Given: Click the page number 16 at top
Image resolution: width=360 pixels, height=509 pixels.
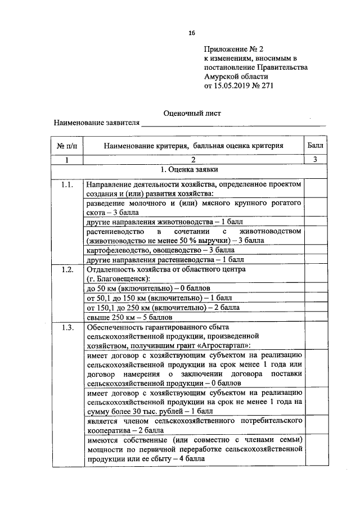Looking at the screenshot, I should [191, 33].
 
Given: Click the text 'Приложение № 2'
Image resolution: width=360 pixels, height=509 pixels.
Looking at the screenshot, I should [229, 49].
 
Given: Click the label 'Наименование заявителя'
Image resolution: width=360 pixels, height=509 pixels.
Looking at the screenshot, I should [96, 123].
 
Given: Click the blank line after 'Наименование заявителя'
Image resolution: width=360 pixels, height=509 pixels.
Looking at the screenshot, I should [233, 124].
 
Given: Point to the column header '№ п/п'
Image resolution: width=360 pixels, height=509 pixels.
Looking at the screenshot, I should [67, 146].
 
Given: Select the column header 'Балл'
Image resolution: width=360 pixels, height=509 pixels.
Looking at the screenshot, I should [315, 146].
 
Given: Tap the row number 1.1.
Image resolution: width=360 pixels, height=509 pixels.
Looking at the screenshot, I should [67, 184].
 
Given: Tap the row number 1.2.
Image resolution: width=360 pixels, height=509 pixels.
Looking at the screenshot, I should [67, 269].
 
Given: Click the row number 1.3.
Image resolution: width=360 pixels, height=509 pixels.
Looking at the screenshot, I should [67, 327].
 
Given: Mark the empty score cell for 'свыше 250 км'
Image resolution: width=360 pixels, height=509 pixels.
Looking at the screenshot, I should [315, 317].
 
